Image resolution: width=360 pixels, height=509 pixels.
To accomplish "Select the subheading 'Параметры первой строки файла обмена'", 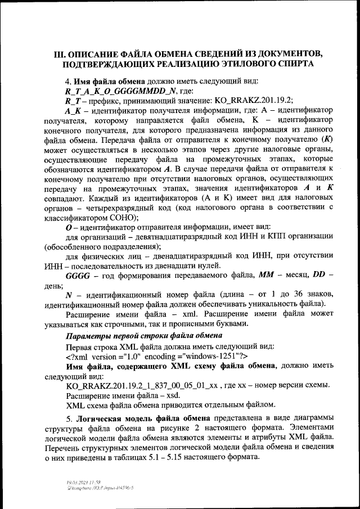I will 139,336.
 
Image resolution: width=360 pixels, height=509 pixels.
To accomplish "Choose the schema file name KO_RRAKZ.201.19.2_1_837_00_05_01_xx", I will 143,385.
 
